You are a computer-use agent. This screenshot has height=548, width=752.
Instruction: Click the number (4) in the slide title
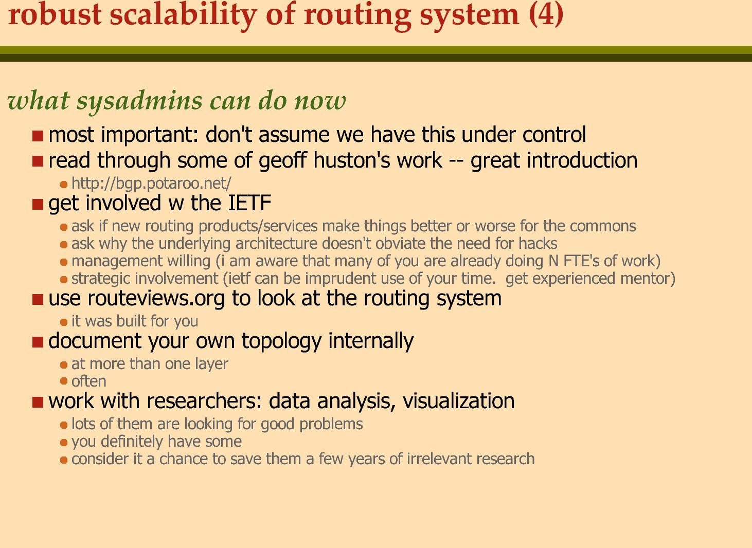click(x=546, y=15)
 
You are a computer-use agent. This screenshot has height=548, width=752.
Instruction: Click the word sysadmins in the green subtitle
click(x=140, y=101)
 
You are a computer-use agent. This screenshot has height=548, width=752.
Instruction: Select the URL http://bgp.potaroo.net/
click(x=151, y=183)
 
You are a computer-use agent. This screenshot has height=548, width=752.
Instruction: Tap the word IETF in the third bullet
click(x=249, y=203)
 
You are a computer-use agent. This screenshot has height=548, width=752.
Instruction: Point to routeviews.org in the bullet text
click(x=156, y=299)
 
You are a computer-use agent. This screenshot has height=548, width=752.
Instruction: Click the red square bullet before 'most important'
click(x=38, y=136)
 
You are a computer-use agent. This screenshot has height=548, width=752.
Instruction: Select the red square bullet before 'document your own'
click(x=38, y=342)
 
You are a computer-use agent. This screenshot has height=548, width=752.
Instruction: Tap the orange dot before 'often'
click(x=64, y=381)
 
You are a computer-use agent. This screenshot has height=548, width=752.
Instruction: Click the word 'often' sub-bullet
click(x=89, y=381)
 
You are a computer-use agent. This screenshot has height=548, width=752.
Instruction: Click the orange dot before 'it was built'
click(x=64, y=322)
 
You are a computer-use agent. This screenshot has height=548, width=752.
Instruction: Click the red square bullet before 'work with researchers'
click(x=38, y=402)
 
